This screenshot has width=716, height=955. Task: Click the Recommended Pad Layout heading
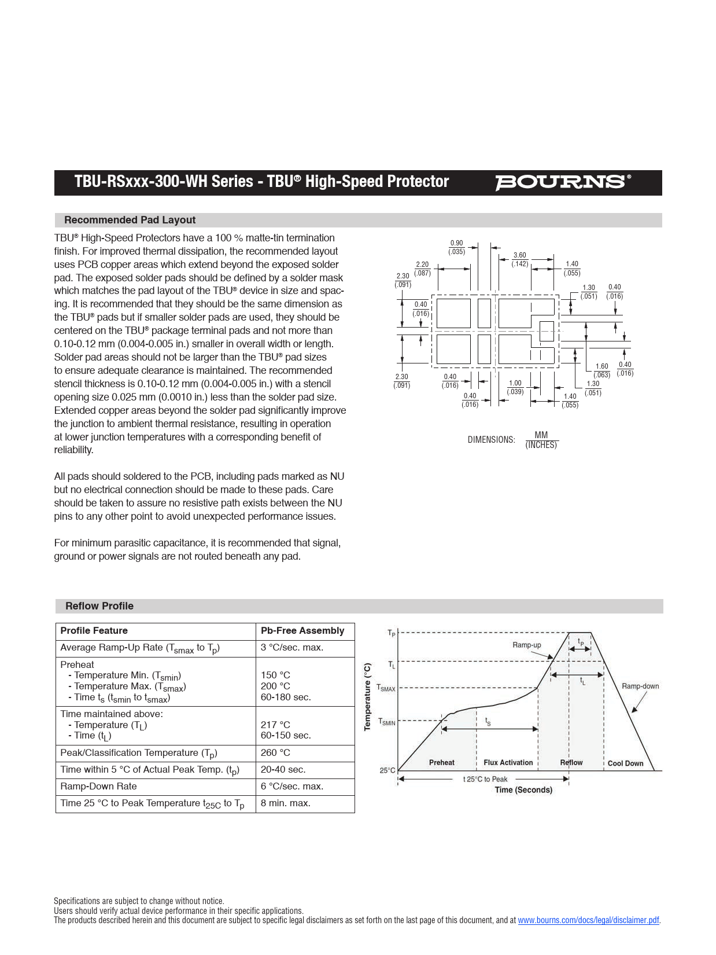tap(130, 220)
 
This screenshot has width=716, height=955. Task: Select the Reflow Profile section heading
tap(99, 606)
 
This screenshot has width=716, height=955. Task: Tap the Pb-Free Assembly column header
tap(302, 631)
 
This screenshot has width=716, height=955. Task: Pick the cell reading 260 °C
tap(275, 753)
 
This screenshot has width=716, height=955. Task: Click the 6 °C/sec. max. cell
tap(291, 787)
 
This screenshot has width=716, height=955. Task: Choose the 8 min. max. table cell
tap(285, 803)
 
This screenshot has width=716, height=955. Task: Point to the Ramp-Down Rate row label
tap(98, 787)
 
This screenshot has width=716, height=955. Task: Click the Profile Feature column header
tap(94, 631)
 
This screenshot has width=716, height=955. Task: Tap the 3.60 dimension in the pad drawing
tap(520, 255)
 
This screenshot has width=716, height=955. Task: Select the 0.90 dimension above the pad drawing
tap(456, 244)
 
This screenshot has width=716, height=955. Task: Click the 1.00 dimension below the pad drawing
tap(515, 383)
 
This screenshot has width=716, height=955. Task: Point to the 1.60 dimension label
tap(601, 366)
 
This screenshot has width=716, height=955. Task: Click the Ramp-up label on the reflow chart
tap(526, 645)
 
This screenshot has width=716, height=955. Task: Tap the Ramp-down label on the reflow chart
tap(640, 686)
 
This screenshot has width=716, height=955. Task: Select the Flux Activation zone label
tap(508, 763)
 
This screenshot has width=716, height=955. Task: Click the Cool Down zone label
tap(625, 763)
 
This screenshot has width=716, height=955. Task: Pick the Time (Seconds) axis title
tap(523, 790)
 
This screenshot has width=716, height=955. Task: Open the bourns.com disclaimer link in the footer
tap(588, 920)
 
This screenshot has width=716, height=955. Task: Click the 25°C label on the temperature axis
tap(387, 770)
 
